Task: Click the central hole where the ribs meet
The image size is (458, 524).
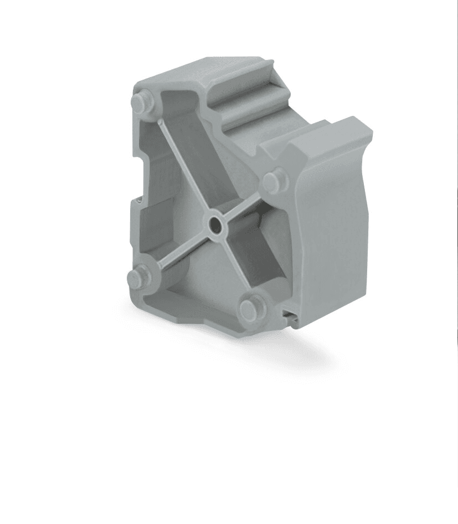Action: pos(214,225)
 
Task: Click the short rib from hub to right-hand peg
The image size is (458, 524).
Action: pos(244,202)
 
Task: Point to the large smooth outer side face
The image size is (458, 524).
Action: pos(332,233)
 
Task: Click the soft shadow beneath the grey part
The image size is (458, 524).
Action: pos(266,355)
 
